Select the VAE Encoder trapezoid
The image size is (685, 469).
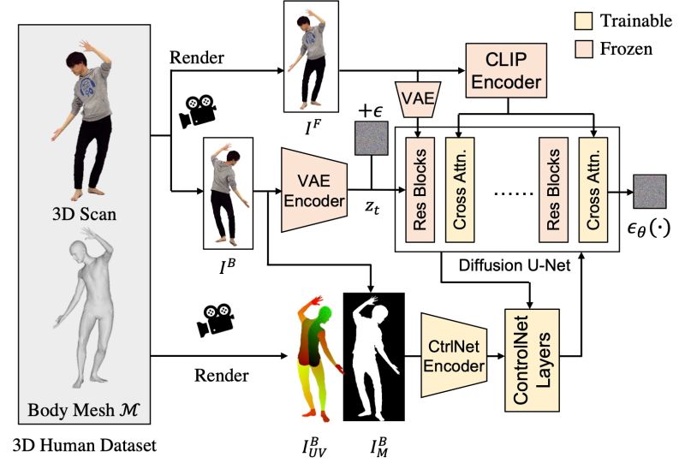[x=313, y=189]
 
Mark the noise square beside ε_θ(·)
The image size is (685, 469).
[x=648, y=188]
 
